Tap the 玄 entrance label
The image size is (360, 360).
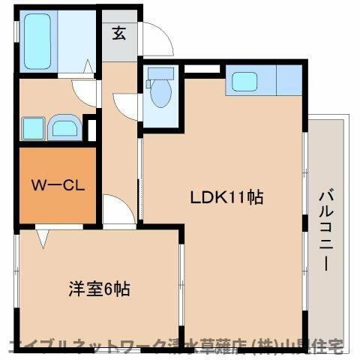119,33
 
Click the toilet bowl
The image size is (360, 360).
160,97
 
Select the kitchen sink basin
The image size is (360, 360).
244,81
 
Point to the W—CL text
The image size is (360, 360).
56,184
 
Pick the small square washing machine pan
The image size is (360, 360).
32,128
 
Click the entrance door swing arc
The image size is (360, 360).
158,41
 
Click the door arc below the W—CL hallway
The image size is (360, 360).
115,209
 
